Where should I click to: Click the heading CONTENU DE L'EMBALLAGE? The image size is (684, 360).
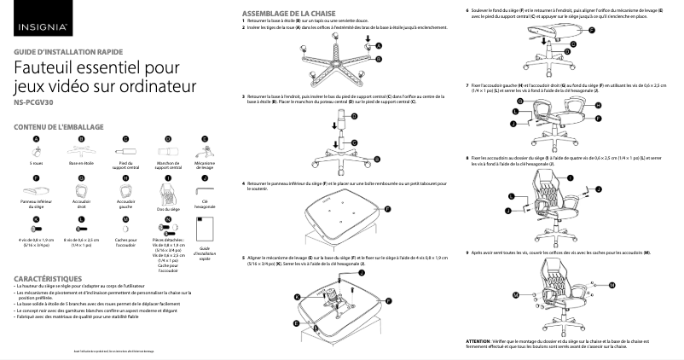[59, 126]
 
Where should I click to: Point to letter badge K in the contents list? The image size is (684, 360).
[37, 219]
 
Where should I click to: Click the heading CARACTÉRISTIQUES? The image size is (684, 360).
[48, 279]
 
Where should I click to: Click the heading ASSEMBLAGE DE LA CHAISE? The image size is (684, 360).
[289, 15]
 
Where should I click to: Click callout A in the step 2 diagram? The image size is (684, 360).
[379, 44]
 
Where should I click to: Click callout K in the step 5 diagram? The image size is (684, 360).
[297, 296]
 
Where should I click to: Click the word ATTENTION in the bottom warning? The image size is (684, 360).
[484, 340]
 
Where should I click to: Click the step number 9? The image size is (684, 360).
[468, 252]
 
